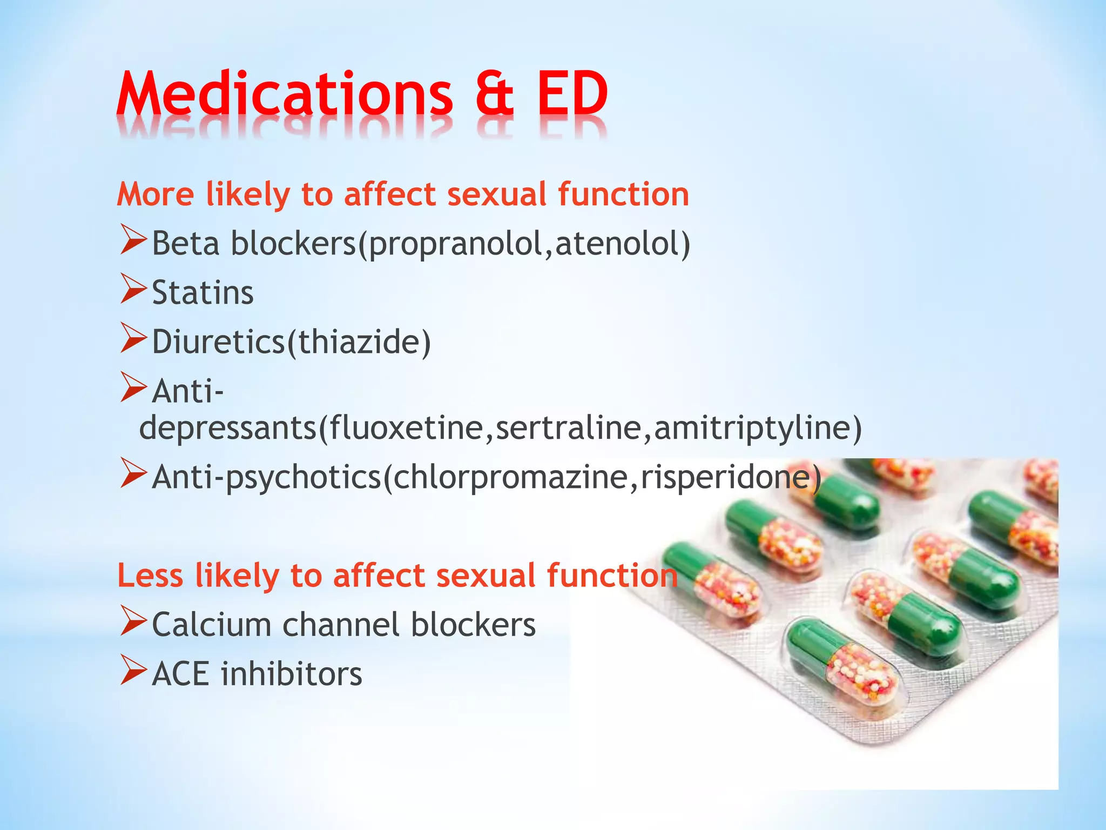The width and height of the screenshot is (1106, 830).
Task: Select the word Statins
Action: click(203, 293)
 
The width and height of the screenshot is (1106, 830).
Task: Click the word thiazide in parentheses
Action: click(359, 342)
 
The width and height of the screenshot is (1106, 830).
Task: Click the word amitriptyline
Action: click(751, 428)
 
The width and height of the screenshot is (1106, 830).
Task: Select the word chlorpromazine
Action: click(510, 478)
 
